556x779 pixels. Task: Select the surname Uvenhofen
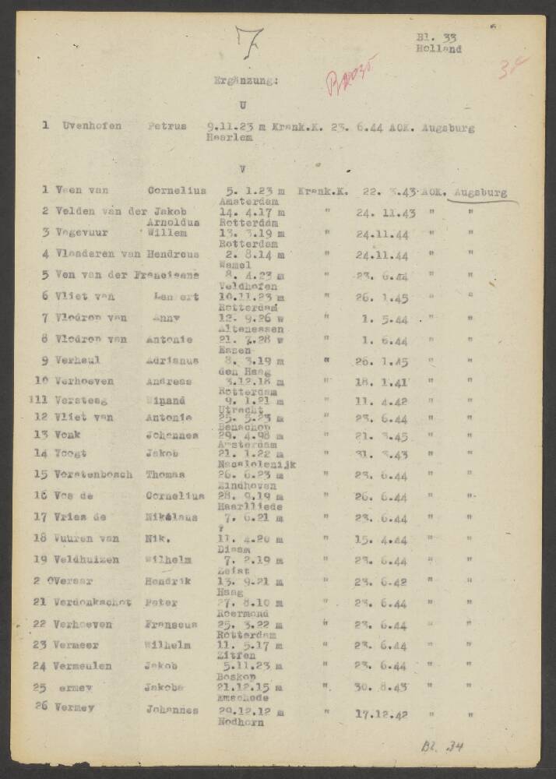pyautogui.click(x=92, y=125)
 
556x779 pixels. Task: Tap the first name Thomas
pyautogui.click(x=164, y=474)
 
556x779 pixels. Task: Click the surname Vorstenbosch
pyautogui.click(x=93, y=474)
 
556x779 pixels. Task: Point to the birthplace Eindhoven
pyautogui.click(x=243, y=485)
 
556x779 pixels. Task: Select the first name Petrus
pyautogui.click(x=167, y=125)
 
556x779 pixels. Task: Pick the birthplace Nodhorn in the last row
pyautogui.click(x=241, y=722)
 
